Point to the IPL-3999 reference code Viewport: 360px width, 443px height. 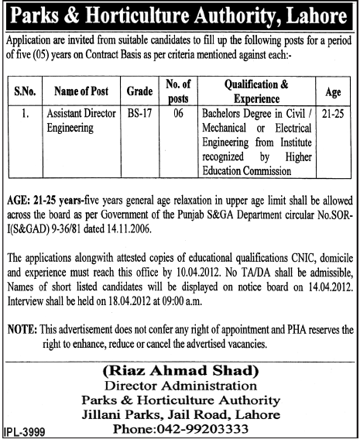23,435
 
